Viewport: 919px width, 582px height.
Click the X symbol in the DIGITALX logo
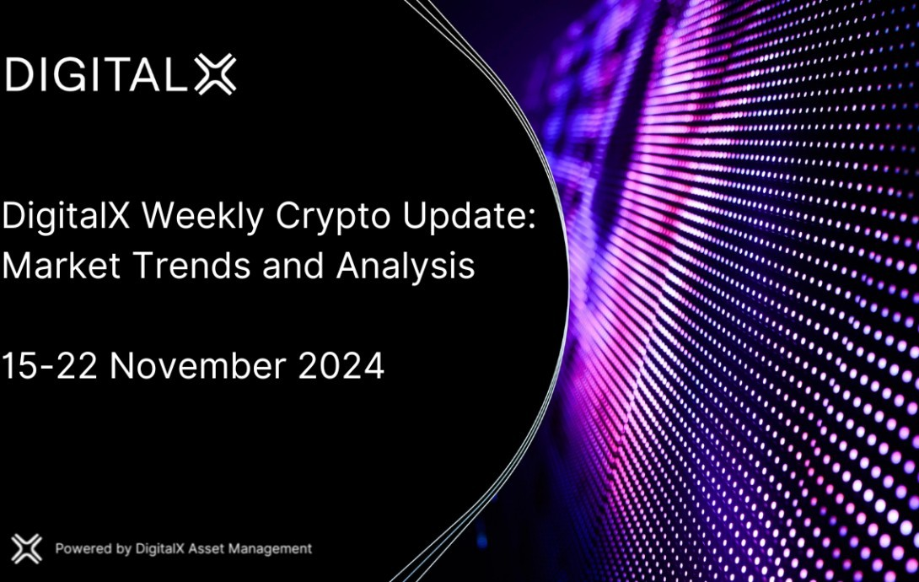[215, 74]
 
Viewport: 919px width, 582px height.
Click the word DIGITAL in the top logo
[96, 74]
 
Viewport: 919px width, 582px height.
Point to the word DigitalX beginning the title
[66, 216]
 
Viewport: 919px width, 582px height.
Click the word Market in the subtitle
[61, 265]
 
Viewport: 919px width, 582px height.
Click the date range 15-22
[49, 366]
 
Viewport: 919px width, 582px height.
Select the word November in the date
[197, 366]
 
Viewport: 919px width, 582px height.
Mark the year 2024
[341, 366]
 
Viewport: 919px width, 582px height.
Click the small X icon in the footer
[26, 548]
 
